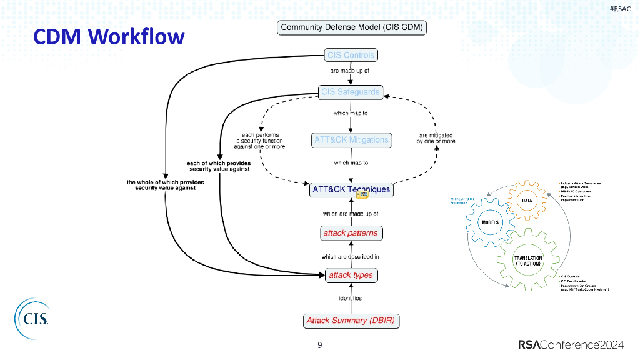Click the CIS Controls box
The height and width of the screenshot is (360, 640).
click(x=351, y=55)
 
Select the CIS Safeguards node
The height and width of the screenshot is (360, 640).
click(x=350, y=92)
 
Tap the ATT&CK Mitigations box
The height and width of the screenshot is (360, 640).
click(x=351, y=139)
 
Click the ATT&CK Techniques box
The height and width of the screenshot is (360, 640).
click(x=351, y=189)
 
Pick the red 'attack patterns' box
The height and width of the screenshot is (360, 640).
click(x=350, y=233)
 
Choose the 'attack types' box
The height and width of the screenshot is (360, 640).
click(x=351, y=275)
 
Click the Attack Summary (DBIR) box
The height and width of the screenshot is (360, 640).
click(x=351, y=321)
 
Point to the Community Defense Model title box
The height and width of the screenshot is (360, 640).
click(x=352, y=27)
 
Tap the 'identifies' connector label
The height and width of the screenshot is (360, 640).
click(x=350, y=298)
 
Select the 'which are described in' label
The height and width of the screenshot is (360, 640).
click(x=350, y=256)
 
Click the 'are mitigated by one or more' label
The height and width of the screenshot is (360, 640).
click(x=436, y=138)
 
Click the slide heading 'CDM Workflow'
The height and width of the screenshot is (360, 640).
click(x=109, y=36)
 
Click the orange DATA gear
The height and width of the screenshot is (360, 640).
click(x=527, y=201)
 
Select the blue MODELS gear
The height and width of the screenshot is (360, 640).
click(x=488, y=222)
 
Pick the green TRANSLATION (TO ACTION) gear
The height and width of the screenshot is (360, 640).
click(x=527, y=261)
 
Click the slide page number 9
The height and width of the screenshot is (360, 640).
click(x=320, y=345)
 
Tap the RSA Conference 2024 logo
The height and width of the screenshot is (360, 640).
click(x=575, y=345)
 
